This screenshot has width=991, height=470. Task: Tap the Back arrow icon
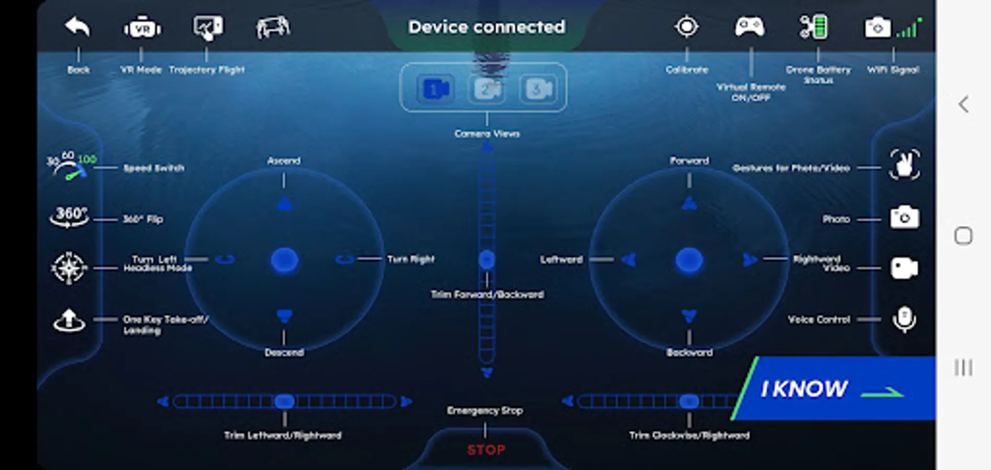(x=77, y=27)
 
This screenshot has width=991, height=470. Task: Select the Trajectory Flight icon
(x=208, y=27)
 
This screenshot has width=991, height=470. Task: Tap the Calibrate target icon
(x=686, y=27)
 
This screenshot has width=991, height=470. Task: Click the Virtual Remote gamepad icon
(x=750, y=27)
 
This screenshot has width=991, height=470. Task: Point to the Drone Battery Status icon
(x=814, y=27)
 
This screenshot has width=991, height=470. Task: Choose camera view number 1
(x=435, y=89)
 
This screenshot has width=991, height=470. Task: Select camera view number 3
(x=538, y=89)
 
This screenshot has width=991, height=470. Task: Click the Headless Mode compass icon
(x=69, y=268)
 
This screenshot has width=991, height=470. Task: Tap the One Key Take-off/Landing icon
(x=69, y=320)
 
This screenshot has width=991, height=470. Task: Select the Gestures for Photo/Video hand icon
(x=904, y=165)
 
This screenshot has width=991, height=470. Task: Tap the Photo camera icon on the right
(x=904, y=217)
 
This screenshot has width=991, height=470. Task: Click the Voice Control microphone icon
(x=904, y=319)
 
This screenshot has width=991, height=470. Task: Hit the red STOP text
(x=486, y=450)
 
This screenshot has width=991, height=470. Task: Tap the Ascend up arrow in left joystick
(x=284, y=204)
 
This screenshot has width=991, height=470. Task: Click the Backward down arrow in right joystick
(x=689, y=316)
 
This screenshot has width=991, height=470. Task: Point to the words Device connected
(x=487, y=27)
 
